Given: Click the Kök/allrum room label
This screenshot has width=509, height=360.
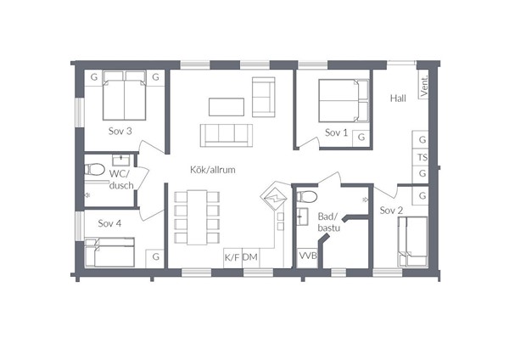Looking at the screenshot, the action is coord(213,170).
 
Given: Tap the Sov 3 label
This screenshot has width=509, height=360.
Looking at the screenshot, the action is coord(120,132).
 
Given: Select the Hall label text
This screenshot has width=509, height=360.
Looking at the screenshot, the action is coord(398,98).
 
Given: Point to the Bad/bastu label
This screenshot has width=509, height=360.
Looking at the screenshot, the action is coord(328,222).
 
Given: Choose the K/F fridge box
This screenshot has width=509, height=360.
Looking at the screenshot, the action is coord(232,258).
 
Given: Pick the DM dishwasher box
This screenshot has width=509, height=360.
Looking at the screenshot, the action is coord(250,258).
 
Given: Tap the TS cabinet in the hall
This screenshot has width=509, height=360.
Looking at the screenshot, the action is coord(422,158).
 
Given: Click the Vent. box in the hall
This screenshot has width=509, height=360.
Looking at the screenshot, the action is coord(423,86).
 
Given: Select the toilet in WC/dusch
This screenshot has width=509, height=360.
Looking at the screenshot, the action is coord(94,169).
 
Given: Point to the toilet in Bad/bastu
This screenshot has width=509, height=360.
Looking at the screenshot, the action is coord(307,196).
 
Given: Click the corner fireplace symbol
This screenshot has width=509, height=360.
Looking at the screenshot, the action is coord(274,197).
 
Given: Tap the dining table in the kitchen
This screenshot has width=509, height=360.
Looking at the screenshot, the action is coord(197,217).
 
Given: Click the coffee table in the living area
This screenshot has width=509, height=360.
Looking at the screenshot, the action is coord(227,107).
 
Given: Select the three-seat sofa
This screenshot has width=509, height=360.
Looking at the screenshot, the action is coord(227,136).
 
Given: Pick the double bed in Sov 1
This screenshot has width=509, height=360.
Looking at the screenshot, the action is coord(344,101).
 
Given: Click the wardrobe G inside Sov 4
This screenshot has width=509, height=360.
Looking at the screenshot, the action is coord(155,258).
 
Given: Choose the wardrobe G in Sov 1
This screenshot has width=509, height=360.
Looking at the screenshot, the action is coord(361,138).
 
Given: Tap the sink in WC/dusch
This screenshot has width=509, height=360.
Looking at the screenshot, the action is coord(120,160).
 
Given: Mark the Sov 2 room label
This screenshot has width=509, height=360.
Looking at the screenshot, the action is coord(391,211).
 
